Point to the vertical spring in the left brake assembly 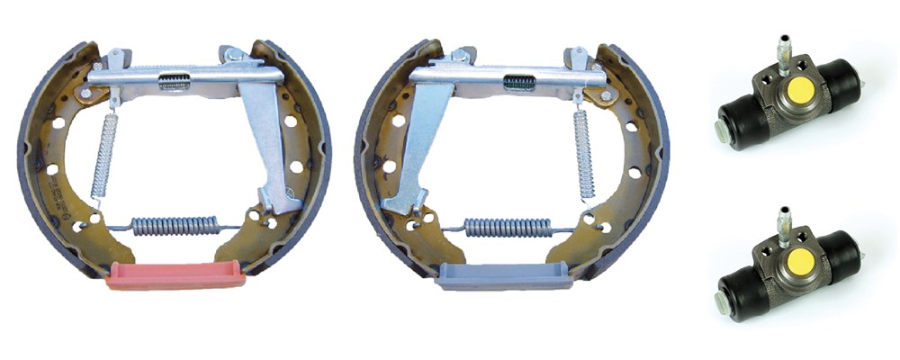point(106,156)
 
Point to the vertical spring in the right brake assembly point(584,153)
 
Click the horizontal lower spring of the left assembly point(175,225)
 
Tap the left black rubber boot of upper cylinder point(738,120)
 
